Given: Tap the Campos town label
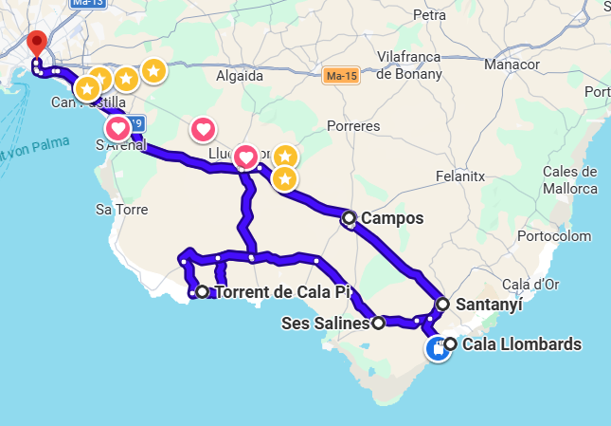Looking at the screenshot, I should [391, 218].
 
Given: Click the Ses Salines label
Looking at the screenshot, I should [325, 324].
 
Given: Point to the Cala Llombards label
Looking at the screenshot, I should [522, 344].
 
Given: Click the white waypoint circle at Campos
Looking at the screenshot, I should [350, 218].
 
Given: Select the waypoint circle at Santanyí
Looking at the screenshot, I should [442, 305].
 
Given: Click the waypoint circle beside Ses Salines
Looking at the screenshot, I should [378, 324].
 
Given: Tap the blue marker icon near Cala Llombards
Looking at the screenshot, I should [437, 349].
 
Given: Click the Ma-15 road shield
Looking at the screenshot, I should [339, 75].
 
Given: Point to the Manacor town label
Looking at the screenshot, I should [512, 65].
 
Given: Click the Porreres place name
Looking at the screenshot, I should [352, 125].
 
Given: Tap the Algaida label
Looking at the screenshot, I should [240, 76].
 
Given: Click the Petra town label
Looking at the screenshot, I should [429, 15].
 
